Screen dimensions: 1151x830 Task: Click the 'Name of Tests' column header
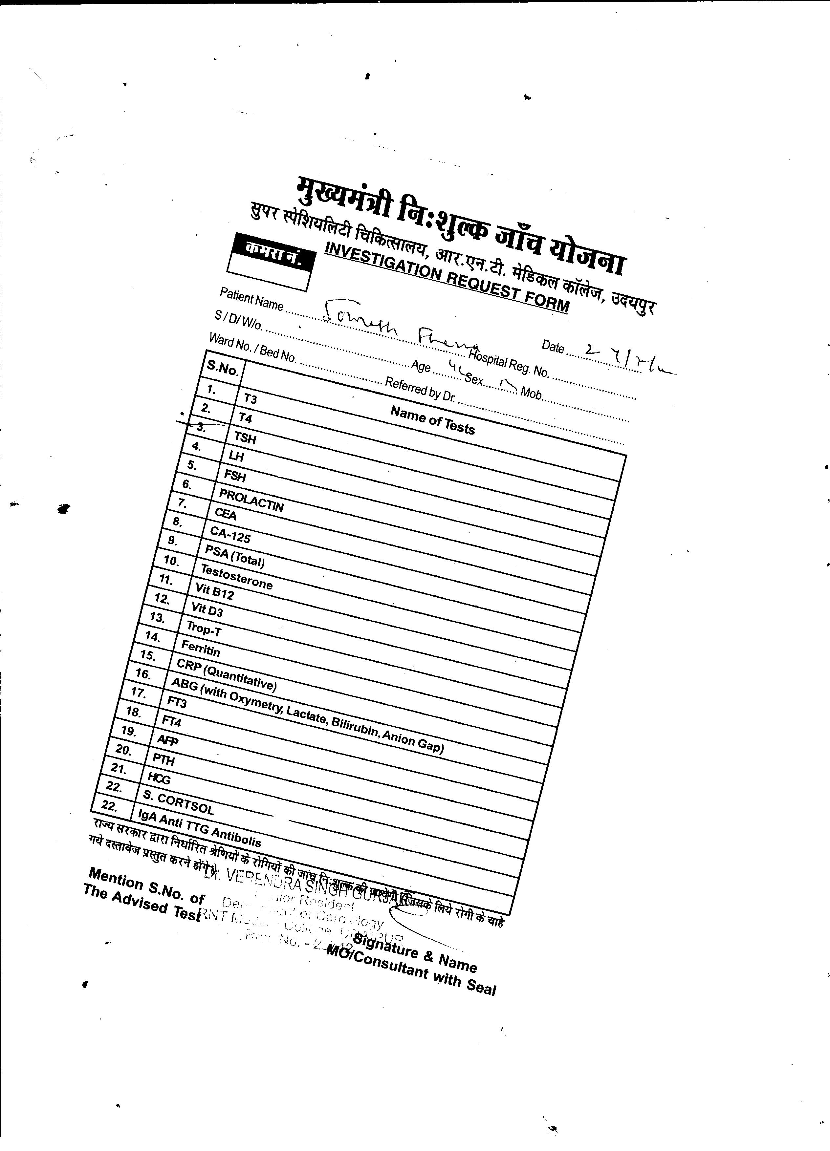pyautogui.click(x=432, y=420)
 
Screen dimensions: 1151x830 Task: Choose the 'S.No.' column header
pyautogui.click(x=222, y=368)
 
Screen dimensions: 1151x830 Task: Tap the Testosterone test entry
pyautogui.click(x=237, y=577)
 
